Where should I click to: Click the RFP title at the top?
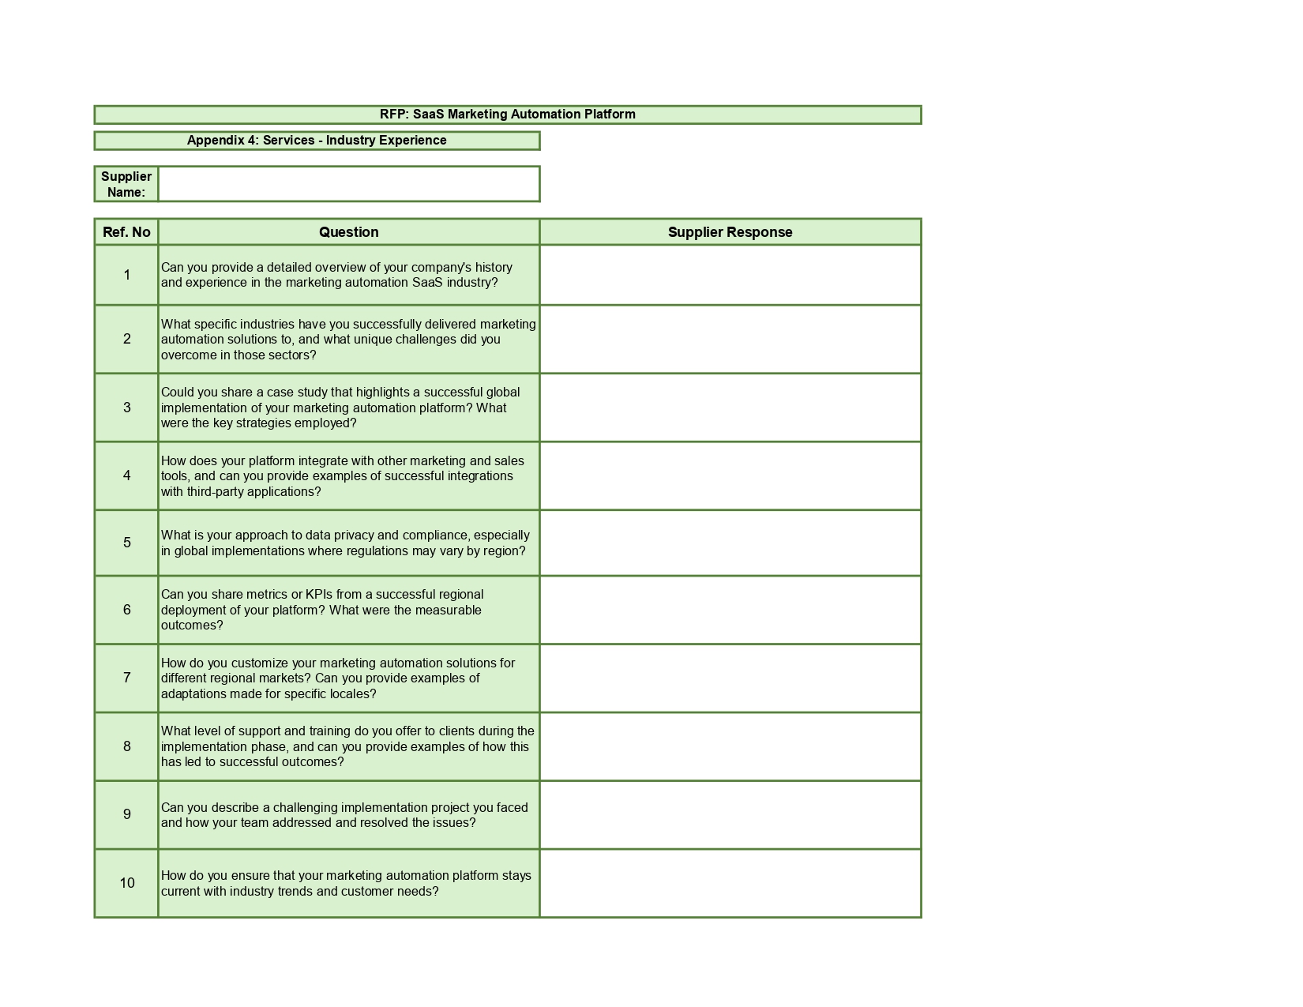point(507,115)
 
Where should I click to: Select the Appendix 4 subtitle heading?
point(317,141)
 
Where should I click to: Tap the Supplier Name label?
point(126,184)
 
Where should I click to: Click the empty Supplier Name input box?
point(348,184)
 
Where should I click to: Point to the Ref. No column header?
point(126,232)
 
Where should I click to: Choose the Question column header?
point(348,232)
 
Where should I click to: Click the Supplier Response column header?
point(730,232)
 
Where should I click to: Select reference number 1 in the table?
point(126,275)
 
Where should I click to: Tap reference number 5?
point(126,543)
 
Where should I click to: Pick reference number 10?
point(126,883)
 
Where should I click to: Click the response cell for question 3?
point(730,408)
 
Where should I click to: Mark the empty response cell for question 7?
point(730,678)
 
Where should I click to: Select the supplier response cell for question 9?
point(730,815)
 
